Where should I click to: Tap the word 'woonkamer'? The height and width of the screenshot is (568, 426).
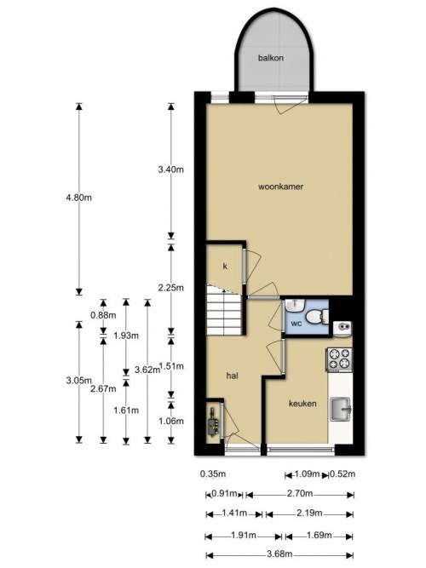click(x=281, y=186)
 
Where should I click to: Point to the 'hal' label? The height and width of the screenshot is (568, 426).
click(x=231, y=374)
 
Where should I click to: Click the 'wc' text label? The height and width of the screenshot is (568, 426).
click(x=296, y=324)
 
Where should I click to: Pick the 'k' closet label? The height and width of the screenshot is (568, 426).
click(x=225, y=267)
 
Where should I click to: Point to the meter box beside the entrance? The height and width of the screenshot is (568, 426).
click(x=212, y=422)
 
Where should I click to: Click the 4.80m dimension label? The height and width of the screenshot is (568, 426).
click(x=78, y=198)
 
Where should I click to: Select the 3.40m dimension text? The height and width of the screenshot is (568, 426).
click(x=171, y=169)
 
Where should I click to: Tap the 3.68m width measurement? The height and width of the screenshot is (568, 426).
click(x=280, y=554)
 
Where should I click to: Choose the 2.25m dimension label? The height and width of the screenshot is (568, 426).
click(x=171, y=288)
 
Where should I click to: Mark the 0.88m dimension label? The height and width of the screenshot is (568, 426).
click(x=102, y=314)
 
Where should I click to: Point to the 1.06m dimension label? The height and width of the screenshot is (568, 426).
click(x=171, y=420)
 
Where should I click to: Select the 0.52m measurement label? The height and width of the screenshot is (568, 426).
click(x=342, y=474)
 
